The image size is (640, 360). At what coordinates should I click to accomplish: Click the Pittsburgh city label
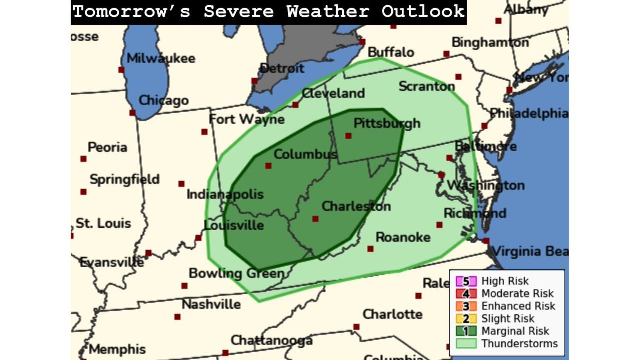pos(387,123)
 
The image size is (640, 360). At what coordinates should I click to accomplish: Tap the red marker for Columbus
pos(268,166)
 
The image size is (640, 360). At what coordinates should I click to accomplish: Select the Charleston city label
pos(356,206)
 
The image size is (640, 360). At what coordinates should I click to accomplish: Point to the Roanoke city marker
pos(370,249)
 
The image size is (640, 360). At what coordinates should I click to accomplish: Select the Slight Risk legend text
pos(508,319)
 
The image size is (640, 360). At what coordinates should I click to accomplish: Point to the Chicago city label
pos(163,100)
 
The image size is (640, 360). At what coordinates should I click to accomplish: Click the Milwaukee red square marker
pos(121,70)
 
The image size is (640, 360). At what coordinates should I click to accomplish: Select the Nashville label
pos(211,304)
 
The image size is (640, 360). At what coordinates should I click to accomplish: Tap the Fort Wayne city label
pos(246,119)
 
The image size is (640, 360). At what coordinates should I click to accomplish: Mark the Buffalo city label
pos(391,52)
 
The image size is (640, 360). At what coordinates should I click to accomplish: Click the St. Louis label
pos(103,223)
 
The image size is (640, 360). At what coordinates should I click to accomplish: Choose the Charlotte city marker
pos(356,327)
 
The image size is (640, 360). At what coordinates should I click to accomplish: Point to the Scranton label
pos(426,86)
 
